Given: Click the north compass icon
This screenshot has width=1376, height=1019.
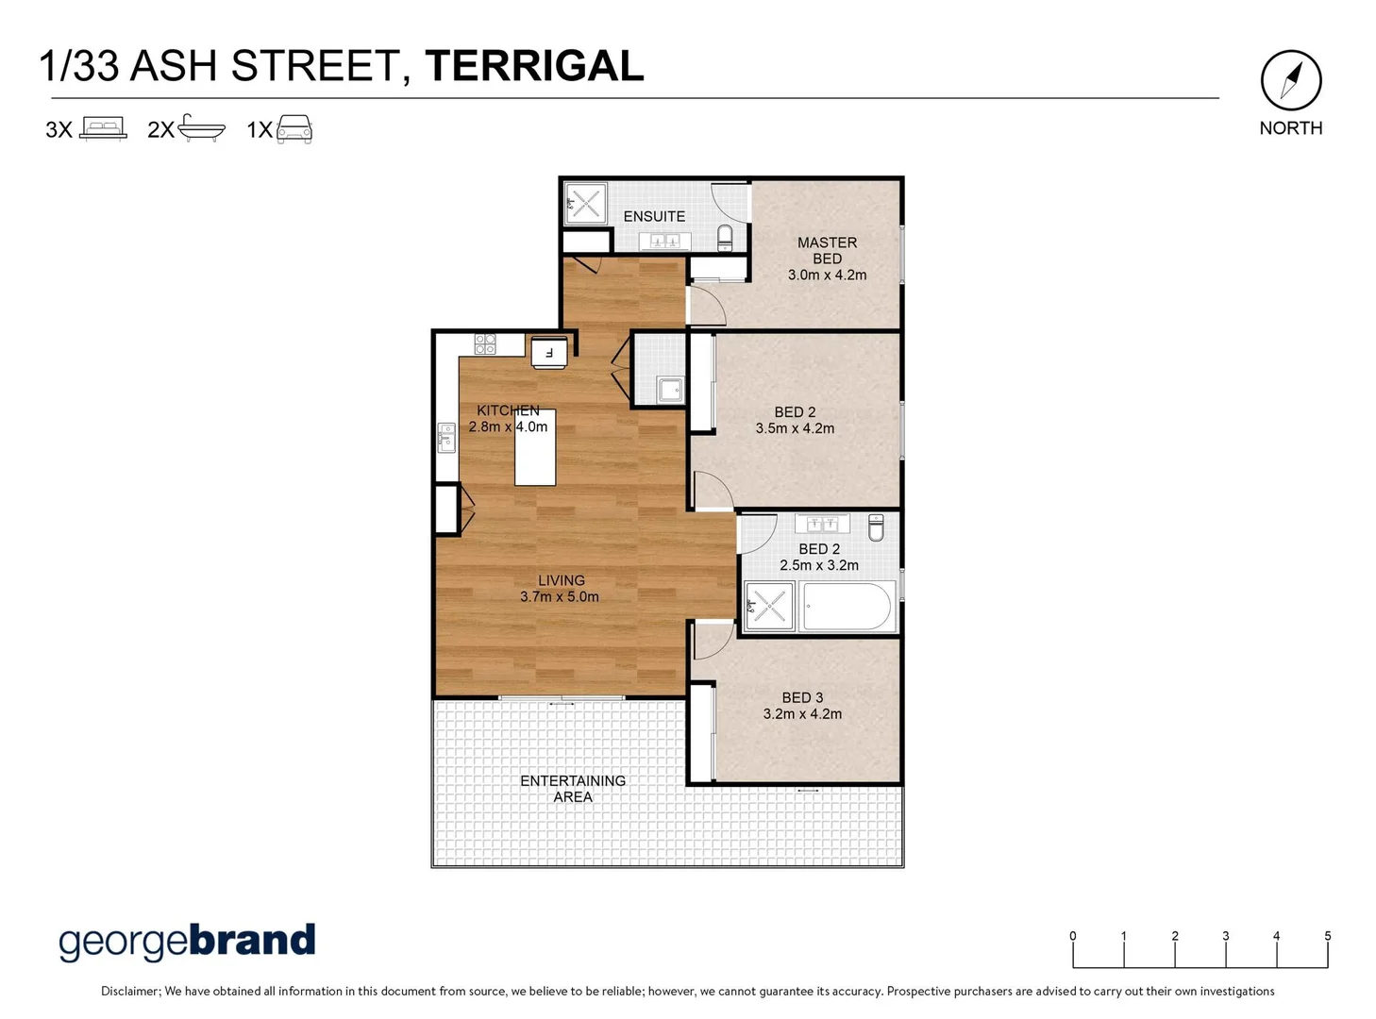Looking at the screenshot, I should click(1291, 80).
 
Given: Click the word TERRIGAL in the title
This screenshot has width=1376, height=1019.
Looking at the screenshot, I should click(534, 66).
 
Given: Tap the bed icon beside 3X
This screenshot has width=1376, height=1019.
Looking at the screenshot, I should click(103, 128).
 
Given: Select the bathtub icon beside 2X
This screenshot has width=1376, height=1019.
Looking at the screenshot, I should click(201, 128).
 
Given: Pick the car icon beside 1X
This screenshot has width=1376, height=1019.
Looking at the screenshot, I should click(294, 128).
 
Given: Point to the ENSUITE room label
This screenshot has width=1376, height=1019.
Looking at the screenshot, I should click(654, 216).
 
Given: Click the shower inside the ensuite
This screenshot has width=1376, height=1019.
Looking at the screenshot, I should click(585, 204).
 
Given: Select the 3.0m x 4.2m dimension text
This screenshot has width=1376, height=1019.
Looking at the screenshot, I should click(827, 275).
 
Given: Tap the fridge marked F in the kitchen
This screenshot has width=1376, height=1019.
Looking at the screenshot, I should click(549, 353).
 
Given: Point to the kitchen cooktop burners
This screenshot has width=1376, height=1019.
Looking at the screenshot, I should click(485, 343).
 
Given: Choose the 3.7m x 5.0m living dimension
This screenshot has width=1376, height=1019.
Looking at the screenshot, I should click(560, 596).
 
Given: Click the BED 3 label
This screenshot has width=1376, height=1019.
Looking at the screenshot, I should click(802, 697).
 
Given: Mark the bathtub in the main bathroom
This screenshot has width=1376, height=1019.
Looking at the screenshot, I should click(847, 607).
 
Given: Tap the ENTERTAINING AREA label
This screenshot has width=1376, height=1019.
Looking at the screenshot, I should click(573, 789).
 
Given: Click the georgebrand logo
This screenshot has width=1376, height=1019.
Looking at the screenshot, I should click(187, 941).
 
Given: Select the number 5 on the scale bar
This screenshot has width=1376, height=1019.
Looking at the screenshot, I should click(1327, 936).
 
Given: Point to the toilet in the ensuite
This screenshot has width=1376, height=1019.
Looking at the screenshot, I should click(725, 237).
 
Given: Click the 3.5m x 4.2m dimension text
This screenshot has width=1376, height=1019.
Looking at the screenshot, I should click(795, 428).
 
